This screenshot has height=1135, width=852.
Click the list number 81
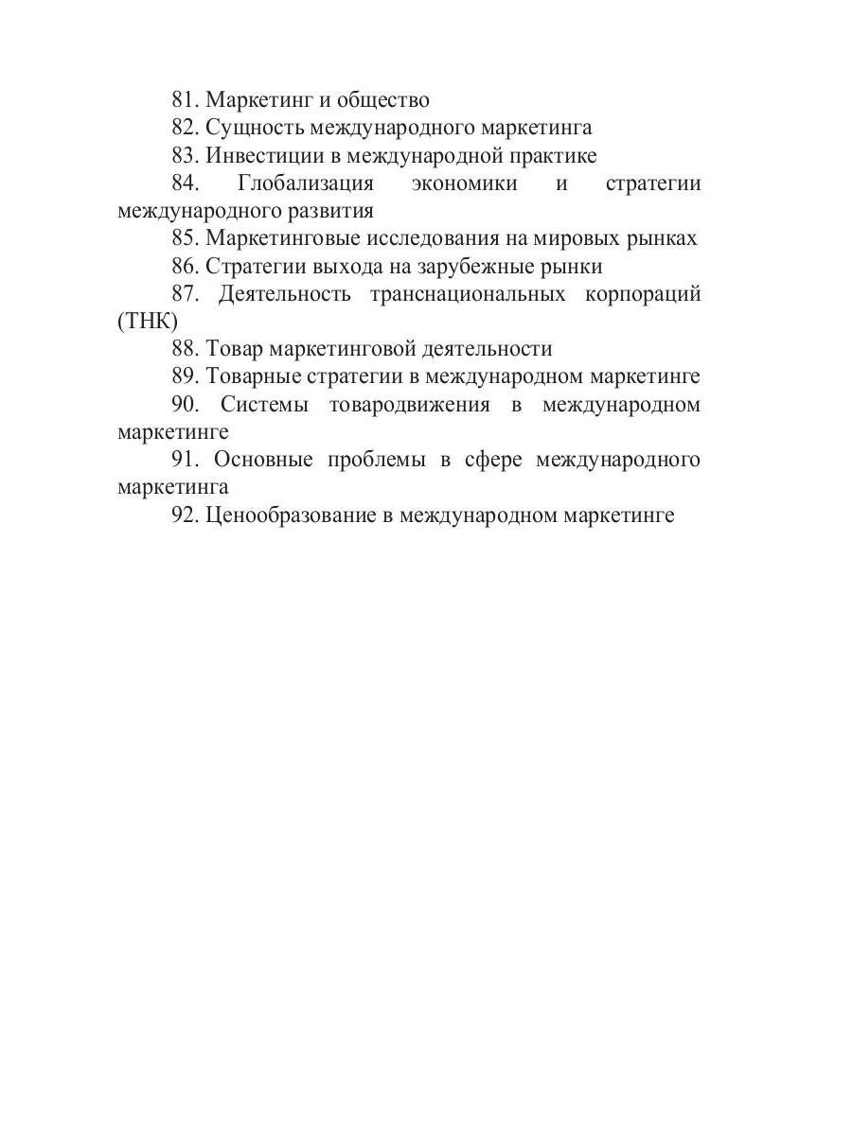pyautogui.click(x=186, y=100)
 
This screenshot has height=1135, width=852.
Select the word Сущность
pyautogui.click(x=254, y=128)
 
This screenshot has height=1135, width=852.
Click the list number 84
pyautogui.click(x=186, y=183)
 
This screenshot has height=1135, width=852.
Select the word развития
pyautogui.click(x=331, y=211)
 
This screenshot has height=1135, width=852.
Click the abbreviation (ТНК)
pyautogui.click(x=148, y=322)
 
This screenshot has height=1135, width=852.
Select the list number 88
pyautogui.click(x=186, y=349)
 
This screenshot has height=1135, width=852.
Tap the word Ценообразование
pyautogui.click(x=292, y=515)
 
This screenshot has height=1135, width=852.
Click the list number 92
pyautogui.click(x=186, y=515)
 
